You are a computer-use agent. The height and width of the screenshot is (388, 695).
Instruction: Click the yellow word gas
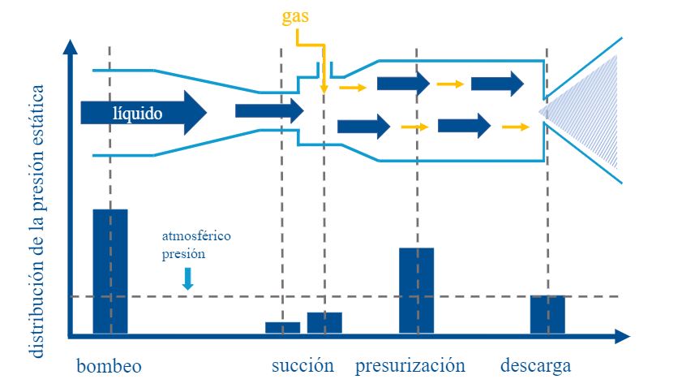(295, 17)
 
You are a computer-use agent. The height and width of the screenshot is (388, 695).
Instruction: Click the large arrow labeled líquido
(144, 113)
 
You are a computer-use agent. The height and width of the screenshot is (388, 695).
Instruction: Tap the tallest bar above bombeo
(110, 271)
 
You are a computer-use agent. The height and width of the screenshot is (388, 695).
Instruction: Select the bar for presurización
(417, 291)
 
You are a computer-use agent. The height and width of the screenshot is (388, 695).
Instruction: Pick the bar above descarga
(548, 314)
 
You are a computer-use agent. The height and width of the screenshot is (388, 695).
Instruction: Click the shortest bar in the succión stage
(283, 328)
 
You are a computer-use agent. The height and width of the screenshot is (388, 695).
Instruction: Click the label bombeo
(109, 366)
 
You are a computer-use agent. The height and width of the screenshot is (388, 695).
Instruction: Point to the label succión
(302, 365)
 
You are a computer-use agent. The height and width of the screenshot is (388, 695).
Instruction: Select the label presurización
(410, 366)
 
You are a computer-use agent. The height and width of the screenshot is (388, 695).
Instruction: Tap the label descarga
(535, 366)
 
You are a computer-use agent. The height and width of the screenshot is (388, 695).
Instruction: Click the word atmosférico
(196, 235)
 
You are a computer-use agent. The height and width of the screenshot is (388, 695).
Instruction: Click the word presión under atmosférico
(183, 254)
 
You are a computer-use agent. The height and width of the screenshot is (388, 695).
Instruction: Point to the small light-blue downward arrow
(188, 279)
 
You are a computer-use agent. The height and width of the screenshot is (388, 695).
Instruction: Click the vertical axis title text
(36, 221)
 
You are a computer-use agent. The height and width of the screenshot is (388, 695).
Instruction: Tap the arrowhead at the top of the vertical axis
(70, 47)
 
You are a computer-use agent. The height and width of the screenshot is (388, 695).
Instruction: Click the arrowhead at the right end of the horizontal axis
(622, 336)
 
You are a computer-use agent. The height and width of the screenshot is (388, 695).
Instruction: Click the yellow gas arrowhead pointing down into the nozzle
(324, 88)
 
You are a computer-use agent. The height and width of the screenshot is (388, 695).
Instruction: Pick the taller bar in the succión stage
(324, 323)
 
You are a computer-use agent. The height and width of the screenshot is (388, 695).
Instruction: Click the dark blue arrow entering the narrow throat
(269, 111)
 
